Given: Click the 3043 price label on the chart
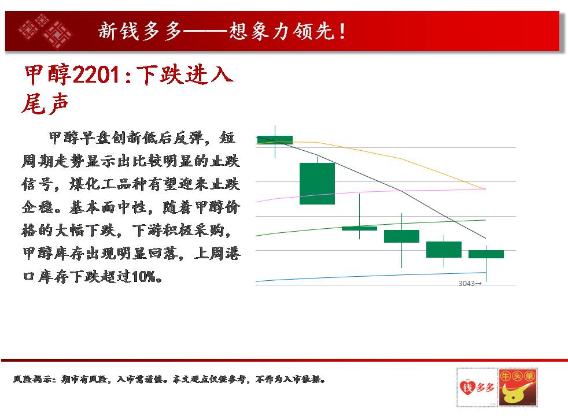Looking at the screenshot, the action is coord(470,283).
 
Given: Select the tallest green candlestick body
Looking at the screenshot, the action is coord(317,183).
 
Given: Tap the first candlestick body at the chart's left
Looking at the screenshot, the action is coord(275,140).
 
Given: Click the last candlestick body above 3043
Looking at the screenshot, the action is coord(486,254).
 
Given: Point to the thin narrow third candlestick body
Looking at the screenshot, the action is coord(359,228).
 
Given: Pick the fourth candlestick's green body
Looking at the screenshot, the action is coord(401,236).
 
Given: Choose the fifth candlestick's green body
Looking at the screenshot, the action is coord(444,249).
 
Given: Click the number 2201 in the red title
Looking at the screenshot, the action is coord(97,75).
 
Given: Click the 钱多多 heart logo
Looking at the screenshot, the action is coord(477,387).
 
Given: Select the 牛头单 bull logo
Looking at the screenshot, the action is coord(517,387).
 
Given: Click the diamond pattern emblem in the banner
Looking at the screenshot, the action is coord(46,31).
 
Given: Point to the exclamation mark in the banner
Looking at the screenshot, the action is coord(342,31).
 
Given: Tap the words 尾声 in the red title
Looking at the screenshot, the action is coord(45,104).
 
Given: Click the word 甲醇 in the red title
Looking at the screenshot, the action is coord(48,75).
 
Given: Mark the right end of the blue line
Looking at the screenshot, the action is coord(485,272).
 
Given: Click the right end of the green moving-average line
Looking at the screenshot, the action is coord(485,220).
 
